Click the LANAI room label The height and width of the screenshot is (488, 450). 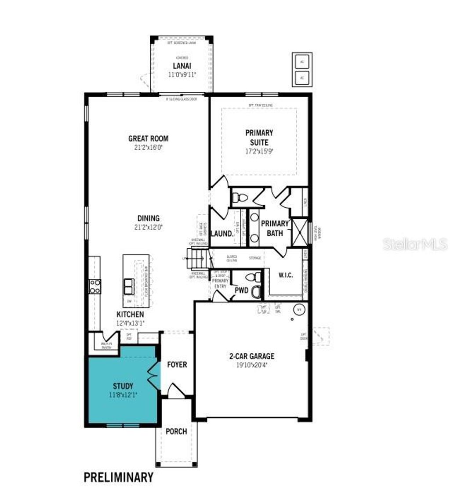[x=181, y=66]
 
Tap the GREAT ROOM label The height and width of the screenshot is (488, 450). [x=148, y=138]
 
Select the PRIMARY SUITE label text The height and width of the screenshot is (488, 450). [x=259, y=137]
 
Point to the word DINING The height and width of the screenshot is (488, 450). [x=148, y=218]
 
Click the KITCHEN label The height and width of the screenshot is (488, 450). [x=130, y=314]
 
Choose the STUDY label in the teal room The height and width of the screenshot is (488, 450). [x=123, y=386]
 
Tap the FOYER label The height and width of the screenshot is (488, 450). [x=177, y=365]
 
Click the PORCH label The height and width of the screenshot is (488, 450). [x=176, y=431]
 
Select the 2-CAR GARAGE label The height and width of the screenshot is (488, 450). [x=252, y=356]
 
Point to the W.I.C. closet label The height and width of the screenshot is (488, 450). [x=286, y=275]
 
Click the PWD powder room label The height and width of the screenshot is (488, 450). [x=242, y=290]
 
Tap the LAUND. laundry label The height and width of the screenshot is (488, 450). [x=222, y=234]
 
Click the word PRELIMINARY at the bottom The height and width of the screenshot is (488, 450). [x=119, y=477]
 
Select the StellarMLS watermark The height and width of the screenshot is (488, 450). [x=415, y=245]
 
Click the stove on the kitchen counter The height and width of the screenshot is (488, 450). [x=95, y=286]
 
